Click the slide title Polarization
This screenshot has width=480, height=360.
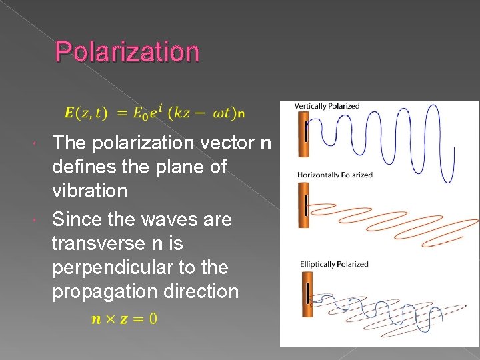point(127,51)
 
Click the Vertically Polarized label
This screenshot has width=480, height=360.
point(327,105)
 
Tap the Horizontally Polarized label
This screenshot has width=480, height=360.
point(335,175)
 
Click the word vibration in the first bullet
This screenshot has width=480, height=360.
point(89,191)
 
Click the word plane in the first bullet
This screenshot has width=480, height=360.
point(175,167)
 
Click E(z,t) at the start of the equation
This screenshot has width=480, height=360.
point(89,113)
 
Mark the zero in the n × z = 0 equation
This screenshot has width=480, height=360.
point(153,319)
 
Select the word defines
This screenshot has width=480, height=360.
point(84,167)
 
